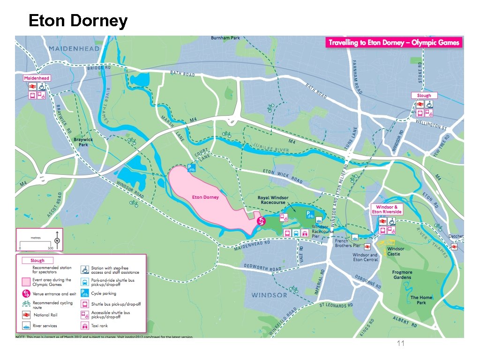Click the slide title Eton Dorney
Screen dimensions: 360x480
tap(78, 21)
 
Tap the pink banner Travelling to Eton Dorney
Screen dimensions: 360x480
tap(394, 43)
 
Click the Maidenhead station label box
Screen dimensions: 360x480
tap(37, 78)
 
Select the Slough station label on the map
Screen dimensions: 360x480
tap(424, 95)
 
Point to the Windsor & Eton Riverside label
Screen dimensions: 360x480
tap(387, 209)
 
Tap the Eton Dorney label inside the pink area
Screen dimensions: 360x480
tap(206, 197)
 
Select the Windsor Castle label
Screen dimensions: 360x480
tap(396, 251)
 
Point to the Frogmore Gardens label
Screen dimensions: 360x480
tap(402, 275)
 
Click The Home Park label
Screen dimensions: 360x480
tap(421, 300)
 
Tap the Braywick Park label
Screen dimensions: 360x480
tap(83, 142)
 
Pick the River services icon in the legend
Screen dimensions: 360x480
tap(26, 326)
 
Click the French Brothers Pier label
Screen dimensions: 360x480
tap(348, 243)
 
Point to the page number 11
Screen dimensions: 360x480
tap(400, 344)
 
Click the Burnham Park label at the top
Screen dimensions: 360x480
tap(225, 37)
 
